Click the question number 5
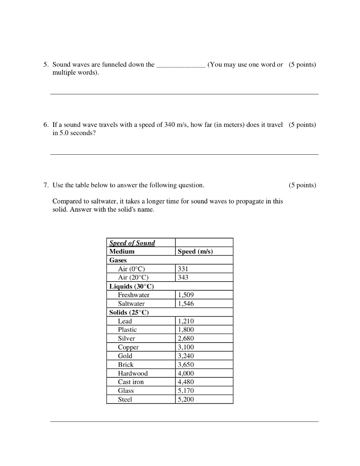coord(46,65)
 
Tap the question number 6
coord(46,125)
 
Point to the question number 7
coord(46,185)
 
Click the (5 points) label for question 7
coord(302,185)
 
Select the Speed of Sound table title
coord(132,243)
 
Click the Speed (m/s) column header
coord(195,252)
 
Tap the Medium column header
coord(122,252)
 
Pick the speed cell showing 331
coord(183,269)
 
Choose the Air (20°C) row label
coord(133,278)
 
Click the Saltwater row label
coord(131,304)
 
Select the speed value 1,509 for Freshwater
coord(186,295)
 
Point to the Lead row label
coord(125,321)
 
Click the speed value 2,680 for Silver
coord(186,339)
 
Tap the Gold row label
coord(125,356)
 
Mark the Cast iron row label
coord(131,382)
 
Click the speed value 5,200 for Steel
coord(186,400)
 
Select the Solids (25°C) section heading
coord(129,313)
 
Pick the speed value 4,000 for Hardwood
coord(186,374)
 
